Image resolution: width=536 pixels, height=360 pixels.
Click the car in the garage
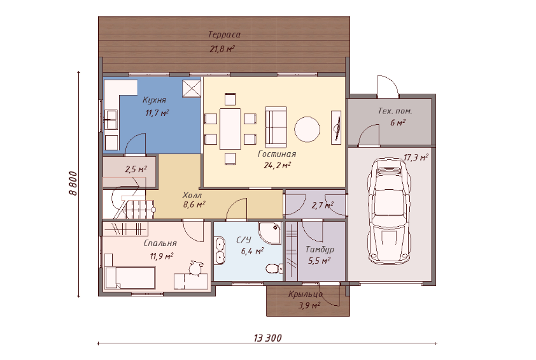click(390, 211)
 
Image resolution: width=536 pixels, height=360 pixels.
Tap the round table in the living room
click(307, 130)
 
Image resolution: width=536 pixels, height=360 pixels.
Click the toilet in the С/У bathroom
click(274, 268)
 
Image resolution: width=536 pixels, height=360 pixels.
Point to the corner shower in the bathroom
click(270, 233)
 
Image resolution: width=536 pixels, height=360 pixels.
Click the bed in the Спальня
click(130, 278)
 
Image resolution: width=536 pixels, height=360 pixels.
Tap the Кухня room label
click(154, 100)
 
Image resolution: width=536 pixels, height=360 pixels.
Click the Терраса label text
click(224, 34)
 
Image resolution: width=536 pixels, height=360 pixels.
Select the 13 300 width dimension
click(267, 338)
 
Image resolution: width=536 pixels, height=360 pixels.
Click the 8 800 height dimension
click(73, 183)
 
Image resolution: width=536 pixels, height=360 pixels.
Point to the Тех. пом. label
click(395, 111)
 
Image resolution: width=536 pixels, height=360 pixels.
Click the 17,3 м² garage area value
click(416, 157)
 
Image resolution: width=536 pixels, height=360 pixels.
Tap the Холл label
click(192, 196)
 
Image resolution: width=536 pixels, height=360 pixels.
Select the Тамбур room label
click(320, 250)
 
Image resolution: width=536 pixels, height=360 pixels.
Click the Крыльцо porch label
click(306, 294)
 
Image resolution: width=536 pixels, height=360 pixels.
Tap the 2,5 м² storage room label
click(136, 169)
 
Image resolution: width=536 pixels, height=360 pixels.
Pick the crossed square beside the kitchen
click(192, 89)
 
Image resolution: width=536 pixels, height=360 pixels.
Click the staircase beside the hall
click(129, 204)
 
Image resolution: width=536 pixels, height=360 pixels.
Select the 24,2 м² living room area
click(277, 165)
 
